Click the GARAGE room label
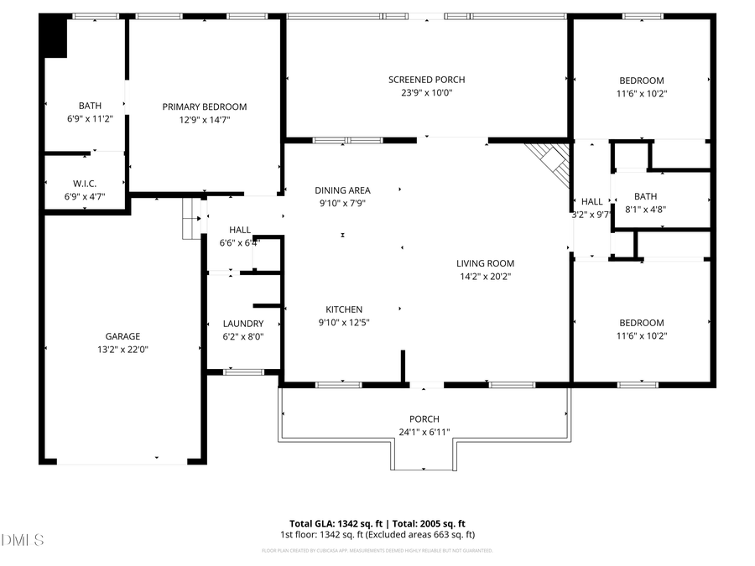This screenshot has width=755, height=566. coord(122,336)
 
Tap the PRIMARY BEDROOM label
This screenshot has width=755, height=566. coord(205,106)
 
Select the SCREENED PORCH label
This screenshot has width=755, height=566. coord(426,80)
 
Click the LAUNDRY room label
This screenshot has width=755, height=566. coord(243,324)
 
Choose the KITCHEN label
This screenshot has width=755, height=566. coord(344,309)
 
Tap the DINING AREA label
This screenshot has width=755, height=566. coord(342,190)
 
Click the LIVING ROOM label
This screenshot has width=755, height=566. coord(486,263)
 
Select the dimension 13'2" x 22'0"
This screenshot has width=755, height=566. coord(122,350)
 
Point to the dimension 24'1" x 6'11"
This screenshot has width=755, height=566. coord(424,433)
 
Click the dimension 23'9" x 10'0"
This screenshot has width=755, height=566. coord(426,93)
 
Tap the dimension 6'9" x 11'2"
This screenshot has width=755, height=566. coord(90,119)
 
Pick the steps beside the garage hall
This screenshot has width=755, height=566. coord(193,219)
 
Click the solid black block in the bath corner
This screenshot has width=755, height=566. coord(55,38)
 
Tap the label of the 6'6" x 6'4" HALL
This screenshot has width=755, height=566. coord(240,230)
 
